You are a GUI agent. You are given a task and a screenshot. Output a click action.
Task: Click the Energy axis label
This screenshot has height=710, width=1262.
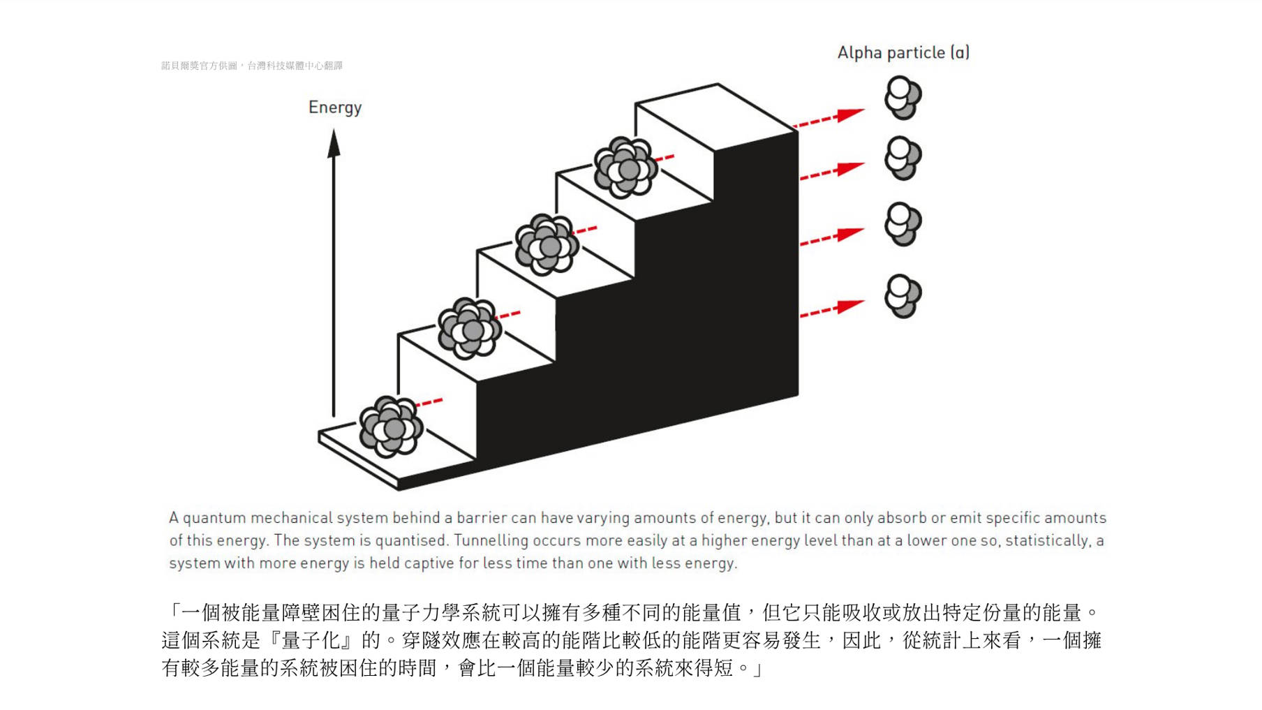[335, 108]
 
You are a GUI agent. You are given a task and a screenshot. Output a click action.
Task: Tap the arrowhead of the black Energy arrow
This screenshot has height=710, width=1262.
[334, 144]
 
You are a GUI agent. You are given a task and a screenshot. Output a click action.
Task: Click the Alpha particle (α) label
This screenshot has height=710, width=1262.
[903, 53]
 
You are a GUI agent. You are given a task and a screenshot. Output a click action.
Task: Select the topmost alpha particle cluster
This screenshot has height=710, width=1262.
[903, 98]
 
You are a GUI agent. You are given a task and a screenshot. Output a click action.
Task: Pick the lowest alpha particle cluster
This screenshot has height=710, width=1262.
[903, 296]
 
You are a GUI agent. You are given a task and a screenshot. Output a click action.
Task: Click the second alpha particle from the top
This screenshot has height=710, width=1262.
[903, 158]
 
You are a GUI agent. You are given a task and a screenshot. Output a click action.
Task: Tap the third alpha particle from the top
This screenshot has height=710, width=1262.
[903, 224]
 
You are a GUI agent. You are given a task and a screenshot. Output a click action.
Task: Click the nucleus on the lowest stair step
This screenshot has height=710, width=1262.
[391, 427]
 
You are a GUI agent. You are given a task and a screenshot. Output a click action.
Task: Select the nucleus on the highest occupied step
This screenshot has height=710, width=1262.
[625, 168]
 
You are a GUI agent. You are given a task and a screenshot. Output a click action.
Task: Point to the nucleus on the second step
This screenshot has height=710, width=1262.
[469, 328]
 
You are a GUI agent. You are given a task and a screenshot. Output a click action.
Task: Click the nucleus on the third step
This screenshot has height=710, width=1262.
[547, 244]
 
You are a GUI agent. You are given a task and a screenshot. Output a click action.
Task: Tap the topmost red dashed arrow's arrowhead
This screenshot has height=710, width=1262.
[850, 114]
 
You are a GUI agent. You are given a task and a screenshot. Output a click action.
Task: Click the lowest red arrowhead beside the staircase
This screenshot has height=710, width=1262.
[850, 306]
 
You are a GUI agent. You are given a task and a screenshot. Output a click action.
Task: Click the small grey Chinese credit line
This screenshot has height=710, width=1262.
[251, 66]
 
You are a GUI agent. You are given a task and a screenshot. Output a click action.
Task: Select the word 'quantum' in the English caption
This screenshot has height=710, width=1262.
[214, 518]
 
